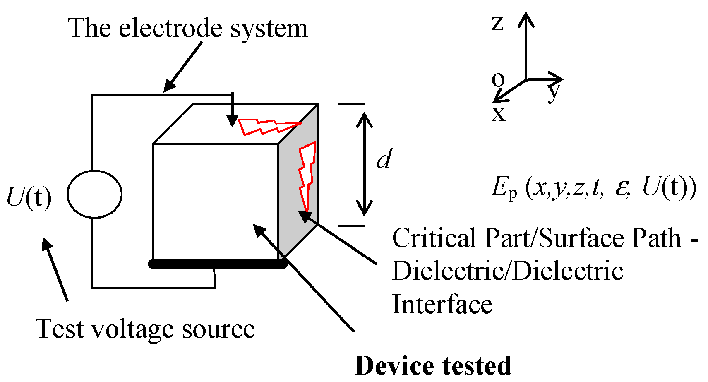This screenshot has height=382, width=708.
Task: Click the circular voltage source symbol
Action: pos(94,194)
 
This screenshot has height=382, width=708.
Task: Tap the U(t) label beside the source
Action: pos(29,197)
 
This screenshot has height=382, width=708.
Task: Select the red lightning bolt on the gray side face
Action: pos(307,174)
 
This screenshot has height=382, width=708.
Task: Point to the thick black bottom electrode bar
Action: pos(218,264)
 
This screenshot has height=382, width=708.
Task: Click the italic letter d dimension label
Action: pos(384,159)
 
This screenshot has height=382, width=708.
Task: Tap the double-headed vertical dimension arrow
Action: pos(365,164)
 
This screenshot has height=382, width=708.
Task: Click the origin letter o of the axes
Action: pos(498,79)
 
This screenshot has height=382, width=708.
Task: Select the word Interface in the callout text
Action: pos(442,305)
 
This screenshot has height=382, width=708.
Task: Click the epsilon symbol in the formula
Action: pos(622,188)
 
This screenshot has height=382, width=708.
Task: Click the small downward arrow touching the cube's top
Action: pos(233,110)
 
